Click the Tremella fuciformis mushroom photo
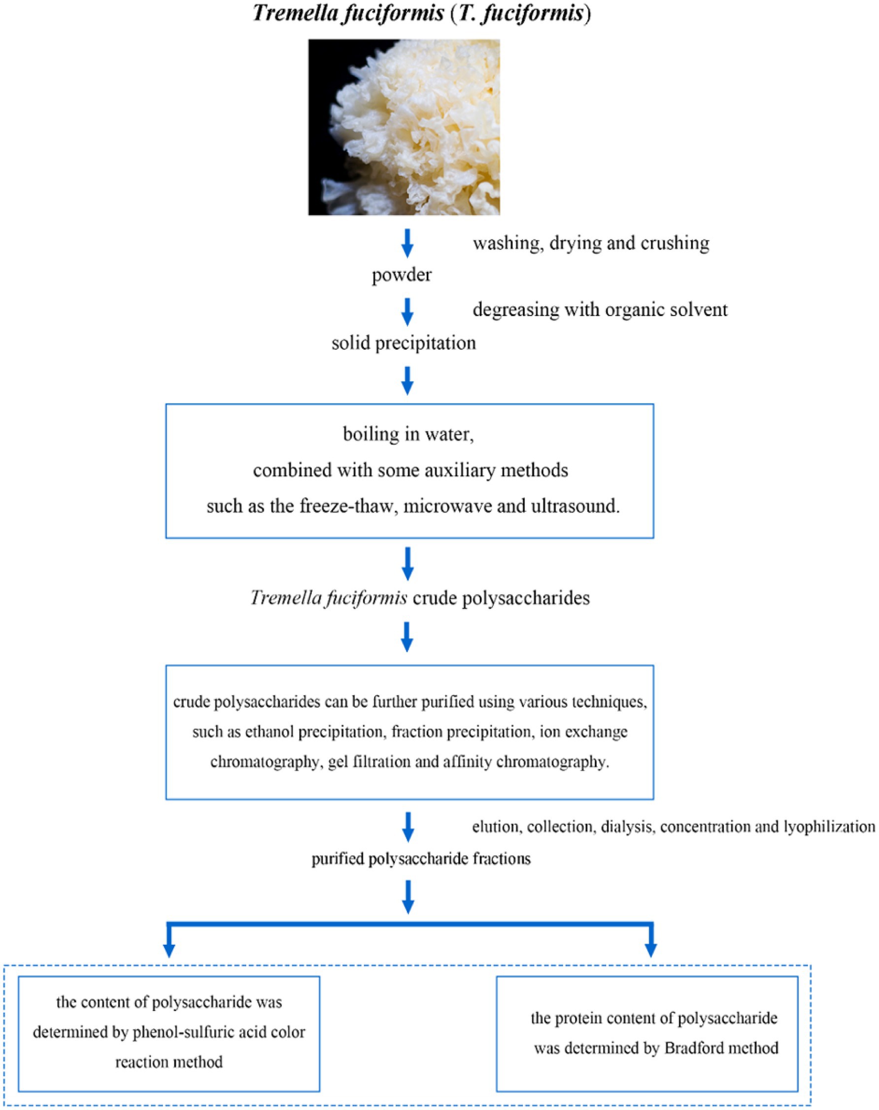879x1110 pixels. [404, 127]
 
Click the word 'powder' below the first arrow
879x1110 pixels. [402, 275]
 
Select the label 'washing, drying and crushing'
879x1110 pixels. [591, 243]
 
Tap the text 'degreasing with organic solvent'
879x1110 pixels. [600, 310]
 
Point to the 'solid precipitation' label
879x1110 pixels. [404, 343]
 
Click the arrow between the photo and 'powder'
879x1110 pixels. [407, 243]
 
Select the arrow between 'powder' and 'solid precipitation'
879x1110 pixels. [407, 312]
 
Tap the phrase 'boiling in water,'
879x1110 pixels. [408, 435]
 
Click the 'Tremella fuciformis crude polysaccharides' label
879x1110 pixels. [420, 598]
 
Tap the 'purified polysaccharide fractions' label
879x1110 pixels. [421, 859]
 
